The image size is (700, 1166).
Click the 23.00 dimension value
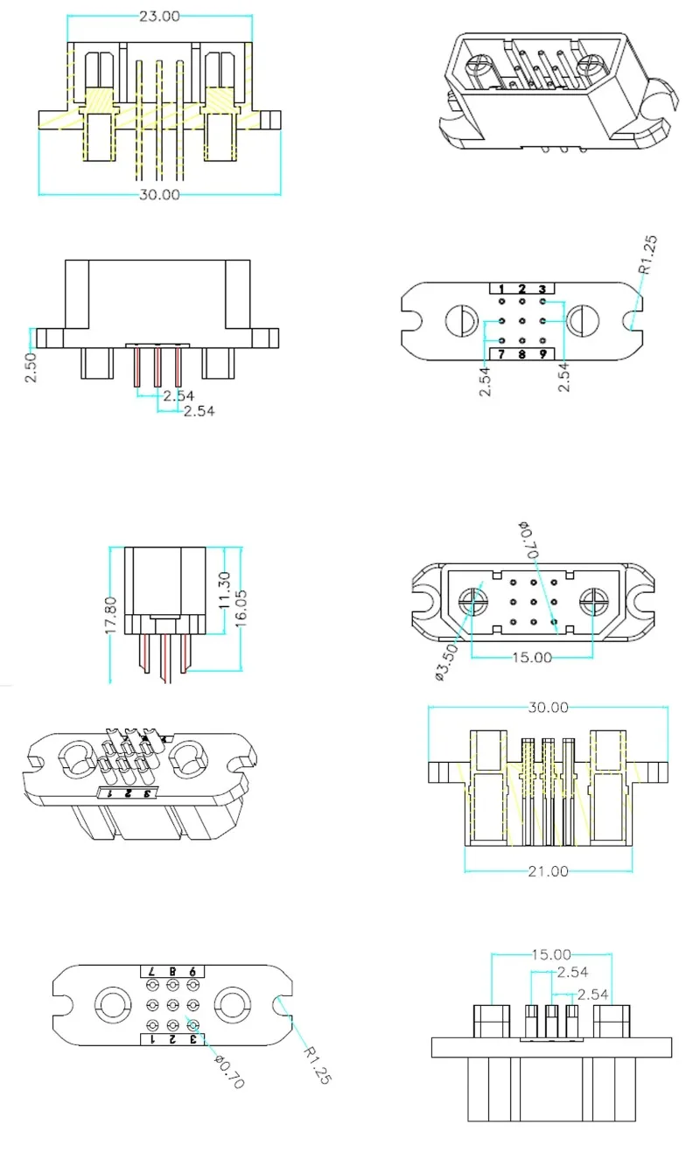(x=158, y=16)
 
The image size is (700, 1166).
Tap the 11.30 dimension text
(x=224, y=590)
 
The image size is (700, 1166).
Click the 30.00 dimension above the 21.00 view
(x=548, y=707)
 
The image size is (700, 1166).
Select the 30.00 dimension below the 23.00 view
(x=158, y=194)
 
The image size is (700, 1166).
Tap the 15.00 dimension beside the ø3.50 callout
(x=532, y=656)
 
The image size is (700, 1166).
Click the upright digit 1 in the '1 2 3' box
(x=501, y=290)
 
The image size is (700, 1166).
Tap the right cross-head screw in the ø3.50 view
(x=595, y=601)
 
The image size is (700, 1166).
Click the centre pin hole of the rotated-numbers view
(x=172, y=1004)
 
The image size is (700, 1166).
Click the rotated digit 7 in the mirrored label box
(x=150, y=971)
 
